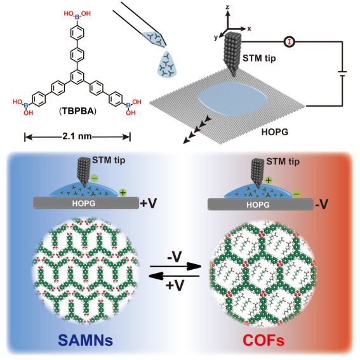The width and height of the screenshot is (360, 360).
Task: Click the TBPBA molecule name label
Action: [78, 111]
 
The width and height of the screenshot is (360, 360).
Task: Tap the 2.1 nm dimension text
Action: [77, 137]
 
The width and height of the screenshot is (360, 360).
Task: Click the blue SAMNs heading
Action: [86, 340]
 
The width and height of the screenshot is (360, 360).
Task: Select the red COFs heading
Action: [263, 340]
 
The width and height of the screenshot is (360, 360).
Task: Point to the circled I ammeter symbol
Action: [289, 42]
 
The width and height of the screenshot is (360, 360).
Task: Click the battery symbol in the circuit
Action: [342, 74]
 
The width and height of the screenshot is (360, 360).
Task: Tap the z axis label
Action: [227, 7]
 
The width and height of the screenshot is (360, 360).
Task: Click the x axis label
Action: [250, 29]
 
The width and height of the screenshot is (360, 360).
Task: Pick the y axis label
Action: [216, 37]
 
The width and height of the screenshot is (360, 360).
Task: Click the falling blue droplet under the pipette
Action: [167, 64]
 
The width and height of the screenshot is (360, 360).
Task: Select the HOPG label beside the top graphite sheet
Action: [275, 132]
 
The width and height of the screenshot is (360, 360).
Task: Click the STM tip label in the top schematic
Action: [259, 58]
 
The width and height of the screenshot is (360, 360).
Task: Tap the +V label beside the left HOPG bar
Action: [149, 203]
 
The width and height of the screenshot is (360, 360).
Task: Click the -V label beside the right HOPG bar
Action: [322, 204]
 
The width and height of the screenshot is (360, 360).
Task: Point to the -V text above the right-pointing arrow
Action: [175, 257]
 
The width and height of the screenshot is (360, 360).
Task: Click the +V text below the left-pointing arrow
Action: [175, 285]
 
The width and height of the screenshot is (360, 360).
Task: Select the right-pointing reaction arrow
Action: [175, 266]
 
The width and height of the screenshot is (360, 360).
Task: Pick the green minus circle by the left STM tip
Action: [95, 178]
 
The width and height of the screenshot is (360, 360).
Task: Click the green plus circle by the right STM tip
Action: [269, 180]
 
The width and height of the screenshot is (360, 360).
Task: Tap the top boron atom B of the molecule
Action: [77, 17]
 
